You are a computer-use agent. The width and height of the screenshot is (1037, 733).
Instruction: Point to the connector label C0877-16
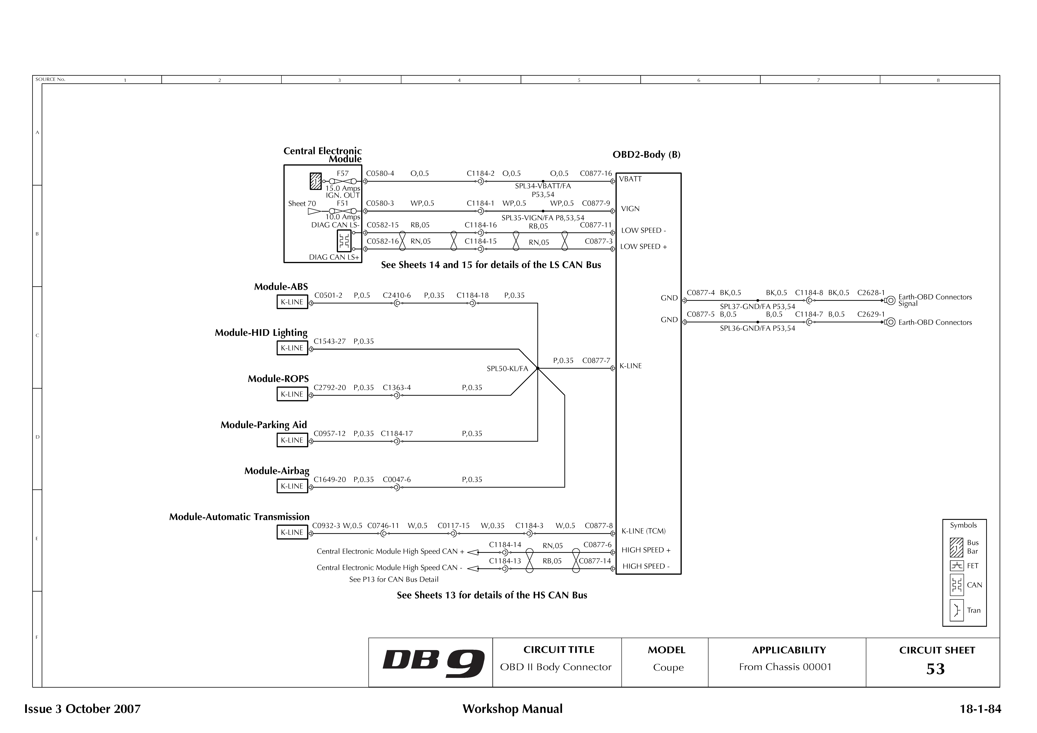596,173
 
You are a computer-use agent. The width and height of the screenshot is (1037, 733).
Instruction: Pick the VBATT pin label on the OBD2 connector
630,179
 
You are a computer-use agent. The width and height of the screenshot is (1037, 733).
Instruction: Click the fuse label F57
343,173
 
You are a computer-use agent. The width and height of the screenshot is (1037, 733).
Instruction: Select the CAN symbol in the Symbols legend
957,585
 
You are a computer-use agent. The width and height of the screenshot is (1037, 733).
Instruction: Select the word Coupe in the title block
668,668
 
